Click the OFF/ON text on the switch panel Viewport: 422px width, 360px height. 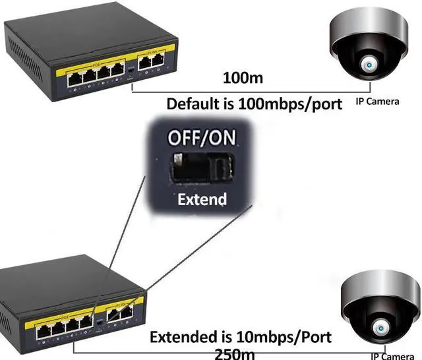click(x=202, y=138)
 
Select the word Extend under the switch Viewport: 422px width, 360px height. click(x=202, y=198)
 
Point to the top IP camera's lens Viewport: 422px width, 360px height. click(x=367, y=64)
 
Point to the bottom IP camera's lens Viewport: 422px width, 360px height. click(x=381, y=328)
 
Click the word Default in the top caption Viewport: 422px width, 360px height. click(x=191, y=104)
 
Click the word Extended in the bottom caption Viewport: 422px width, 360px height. click(x=179, y=337)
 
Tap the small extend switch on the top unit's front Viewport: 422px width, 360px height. click(x=132, y=69)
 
